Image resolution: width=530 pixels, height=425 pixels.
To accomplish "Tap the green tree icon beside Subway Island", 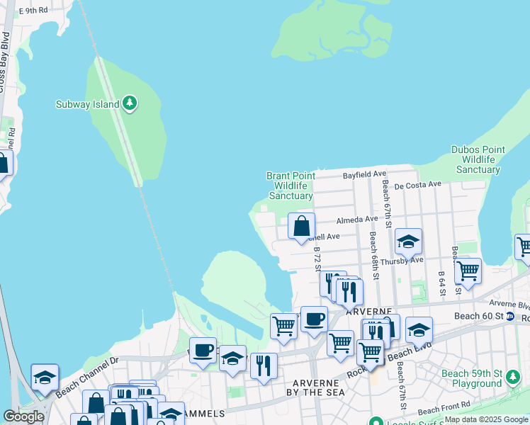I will click(x=129, y=103).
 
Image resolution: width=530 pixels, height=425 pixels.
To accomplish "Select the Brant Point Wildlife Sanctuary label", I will click(x=290, y=186).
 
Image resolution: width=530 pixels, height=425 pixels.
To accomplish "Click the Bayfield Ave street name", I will click(x=364, y=174).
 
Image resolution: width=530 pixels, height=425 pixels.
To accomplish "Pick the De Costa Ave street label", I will click(x=418, y=185).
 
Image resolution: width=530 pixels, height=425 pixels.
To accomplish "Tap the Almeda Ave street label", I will click(x=357, y=220).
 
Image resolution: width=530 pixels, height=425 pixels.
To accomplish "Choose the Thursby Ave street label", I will click(x=402, y=261).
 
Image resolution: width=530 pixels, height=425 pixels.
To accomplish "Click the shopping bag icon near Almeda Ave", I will click(x=302, y=227).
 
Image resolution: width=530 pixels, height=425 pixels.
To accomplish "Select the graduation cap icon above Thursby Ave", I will click(x=408, y=242).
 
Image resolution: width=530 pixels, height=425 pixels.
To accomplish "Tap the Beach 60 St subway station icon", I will click(x=509, y=315).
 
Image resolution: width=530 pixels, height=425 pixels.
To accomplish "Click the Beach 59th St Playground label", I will click(x=471, y=378).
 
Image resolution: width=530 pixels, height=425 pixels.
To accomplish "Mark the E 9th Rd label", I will click(x=33, y=11).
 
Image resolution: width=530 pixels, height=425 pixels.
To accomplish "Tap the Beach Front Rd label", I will click(x=444, y=409).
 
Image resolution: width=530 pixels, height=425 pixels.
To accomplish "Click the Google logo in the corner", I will click(x=23, y=416).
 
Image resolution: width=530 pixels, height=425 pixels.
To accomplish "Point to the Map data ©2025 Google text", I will click(x=486, y=419).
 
